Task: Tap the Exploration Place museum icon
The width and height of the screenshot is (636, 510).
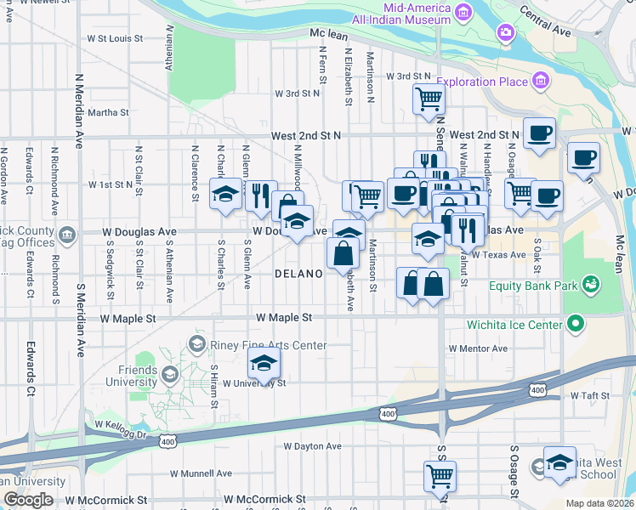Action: [x=541, y=82]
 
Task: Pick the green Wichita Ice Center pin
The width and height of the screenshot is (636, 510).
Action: [x=576, y=323]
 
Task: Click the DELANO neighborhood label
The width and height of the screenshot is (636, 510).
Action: [x=298, y=274]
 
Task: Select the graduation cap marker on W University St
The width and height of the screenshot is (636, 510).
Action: [x=264, y=364]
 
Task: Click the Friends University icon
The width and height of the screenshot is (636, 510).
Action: [x=169, y=373]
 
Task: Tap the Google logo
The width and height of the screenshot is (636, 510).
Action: [x=28, y=500]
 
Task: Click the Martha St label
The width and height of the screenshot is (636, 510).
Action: [x=108, y=112]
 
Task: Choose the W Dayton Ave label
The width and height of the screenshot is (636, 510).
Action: [x=317, y=445]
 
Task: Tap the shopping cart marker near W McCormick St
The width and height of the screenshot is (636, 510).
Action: [x=440, y=476]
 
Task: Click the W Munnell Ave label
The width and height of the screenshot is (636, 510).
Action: [x=201, y=473]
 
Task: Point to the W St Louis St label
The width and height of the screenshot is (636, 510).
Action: [x=115, y=38]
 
